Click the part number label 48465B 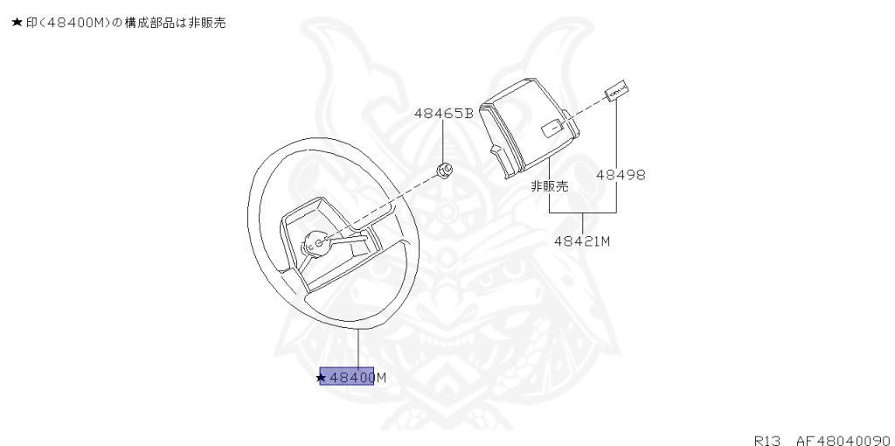pyautogui.click(x=443, y=114)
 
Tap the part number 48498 pyautogui.click(x=621, y=174)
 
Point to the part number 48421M pyautogui.click(x=581, y=240)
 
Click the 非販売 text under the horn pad pyautogui.click(x=550, y=186)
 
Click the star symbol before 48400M pyautogui.click(x=322, y=378)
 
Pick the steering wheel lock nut pyautogui.click(x=444, y=169)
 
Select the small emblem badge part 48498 pyautogui.click(x=617, y=90)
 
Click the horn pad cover pyautogui.click(x=530, y=127)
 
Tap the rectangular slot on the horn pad pyautogui.click(x=553, y=129)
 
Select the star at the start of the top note pyautogui.click(x=16, y=23)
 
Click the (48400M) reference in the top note pyautogui.click(x=75, y=23)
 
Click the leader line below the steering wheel pyautogui.click(x=358, y=348)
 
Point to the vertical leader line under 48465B pyautogui.click(x=443, y=140)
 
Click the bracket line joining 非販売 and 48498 pyautogui.click(x=582, y=213)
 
